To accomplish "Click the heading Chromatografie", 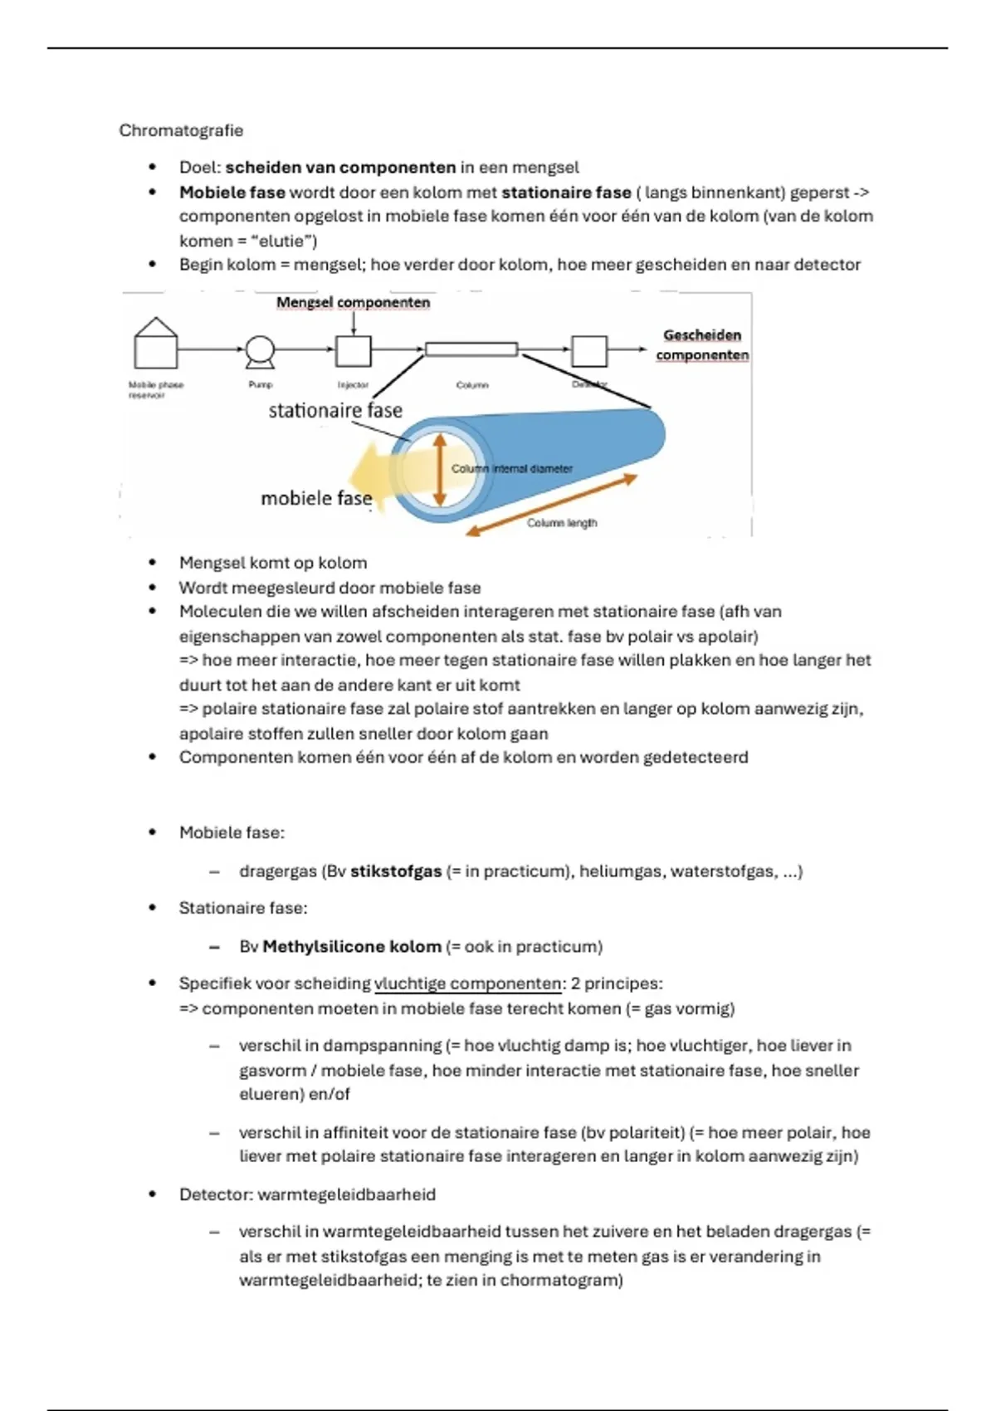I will (x=181, y=130).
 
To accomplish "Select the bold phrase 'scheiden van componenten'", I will (x=340, y=168).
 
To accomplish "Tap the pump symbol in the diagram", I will (x=260, y=351).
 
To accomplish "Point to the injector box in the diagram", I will (x=353, y=351).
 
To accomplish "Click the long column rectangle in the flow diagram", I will (x=471, y=349).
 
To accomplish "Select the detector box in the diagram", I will (x=589, y=350).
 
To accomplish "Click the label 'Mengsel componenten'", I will (x=353, y=303).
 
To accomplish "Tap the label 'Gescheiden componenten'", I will (x=702, y=345).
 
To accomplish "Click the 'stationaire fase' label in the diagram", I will (x=335, y=411).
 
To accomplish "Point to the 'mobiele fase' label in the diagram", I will (x=316, y=498).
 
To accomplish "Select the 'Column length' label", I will (x=562, y=523).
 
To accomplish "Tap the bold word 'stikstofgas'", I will (x=396, y=871).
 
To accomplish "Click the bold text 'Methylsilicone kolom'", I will (x=352, y=947).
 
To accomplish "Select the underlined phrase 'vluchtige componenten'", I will (x=468, y=984).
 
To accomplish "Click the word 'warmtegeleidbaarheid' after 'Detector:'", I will (x=347, y=1194).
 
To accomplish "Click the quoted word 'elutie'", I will (x=282, y=242).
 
